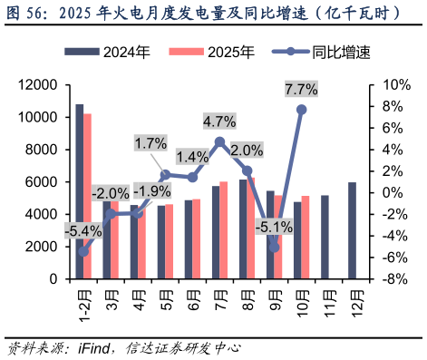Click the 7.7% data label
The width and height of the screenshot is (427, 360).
pyautogui.click(x=301, y=89)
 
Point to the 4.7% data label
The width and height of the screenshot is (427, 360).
pyautogui.click(x=219, y=121)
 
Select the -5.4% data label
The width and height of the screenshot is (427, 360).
pyautogui.click(x=82, y=230)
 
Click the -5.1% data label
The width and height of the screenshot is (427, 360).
pyautogui.click(x=274, y=226)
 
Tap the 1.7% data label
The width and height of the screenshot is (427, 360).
pyautogui.click(x=150, y=142)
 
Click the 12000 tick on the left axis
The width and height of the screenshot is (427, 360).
pyautogui.click(x=40, y=85)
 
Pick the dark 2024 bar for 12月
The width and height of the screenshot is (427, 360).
pyautogui.click(x=352, y=230)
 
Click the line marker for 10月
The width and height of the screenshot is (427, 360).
pyautogui.click(x=301, y=110)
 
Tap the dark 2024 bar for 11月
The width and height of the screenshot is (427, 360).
pyautogui.click(x=325, y=237)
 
